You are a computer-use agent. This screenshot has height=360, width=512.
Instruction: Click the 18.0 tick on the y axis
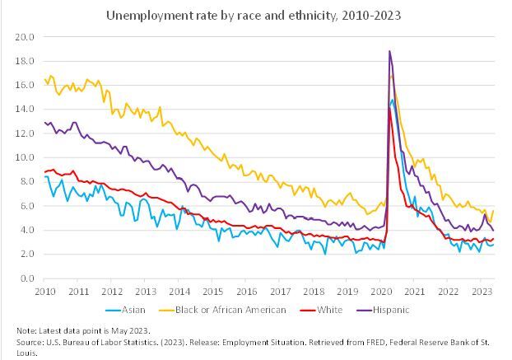pos(26,61)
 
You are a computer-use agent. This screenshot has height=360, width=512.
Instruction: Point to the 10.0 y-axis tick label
pos(26,157)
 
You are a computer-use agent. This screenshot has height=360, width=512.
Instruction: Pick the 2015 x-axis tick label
pos(212,292)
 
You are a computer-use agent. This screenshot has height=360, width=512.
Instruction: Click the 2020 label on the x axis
pos(380,292)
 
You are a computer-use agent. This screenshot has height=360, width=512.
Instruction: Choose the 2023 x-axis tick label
pos(481,292)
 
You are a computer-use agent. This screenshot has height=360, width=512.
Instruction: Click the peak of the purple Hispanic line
pos(389,51)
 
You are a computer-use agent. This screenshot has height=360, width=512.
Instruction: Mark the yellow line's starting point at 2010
pos(44,79)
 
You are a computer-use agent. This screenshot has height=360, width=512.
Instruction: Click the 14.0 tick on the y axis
pos(26,109)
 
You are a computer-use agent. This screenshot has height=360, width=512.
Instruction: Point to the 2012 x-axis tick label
pos(112,292)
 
